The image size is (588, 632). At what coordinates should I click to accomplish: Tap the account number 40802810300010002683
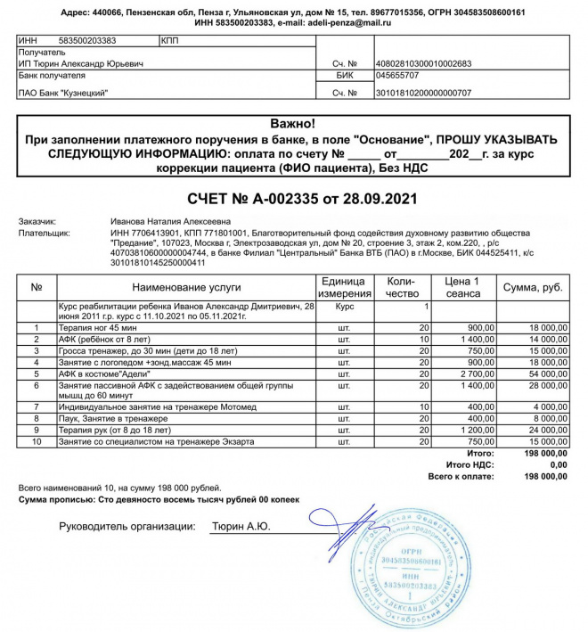424,63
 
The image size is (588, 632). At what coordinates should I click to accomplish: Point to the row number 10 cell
37,441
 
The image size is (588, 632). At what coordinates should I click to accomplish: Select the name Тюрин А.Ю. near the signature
240,527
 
